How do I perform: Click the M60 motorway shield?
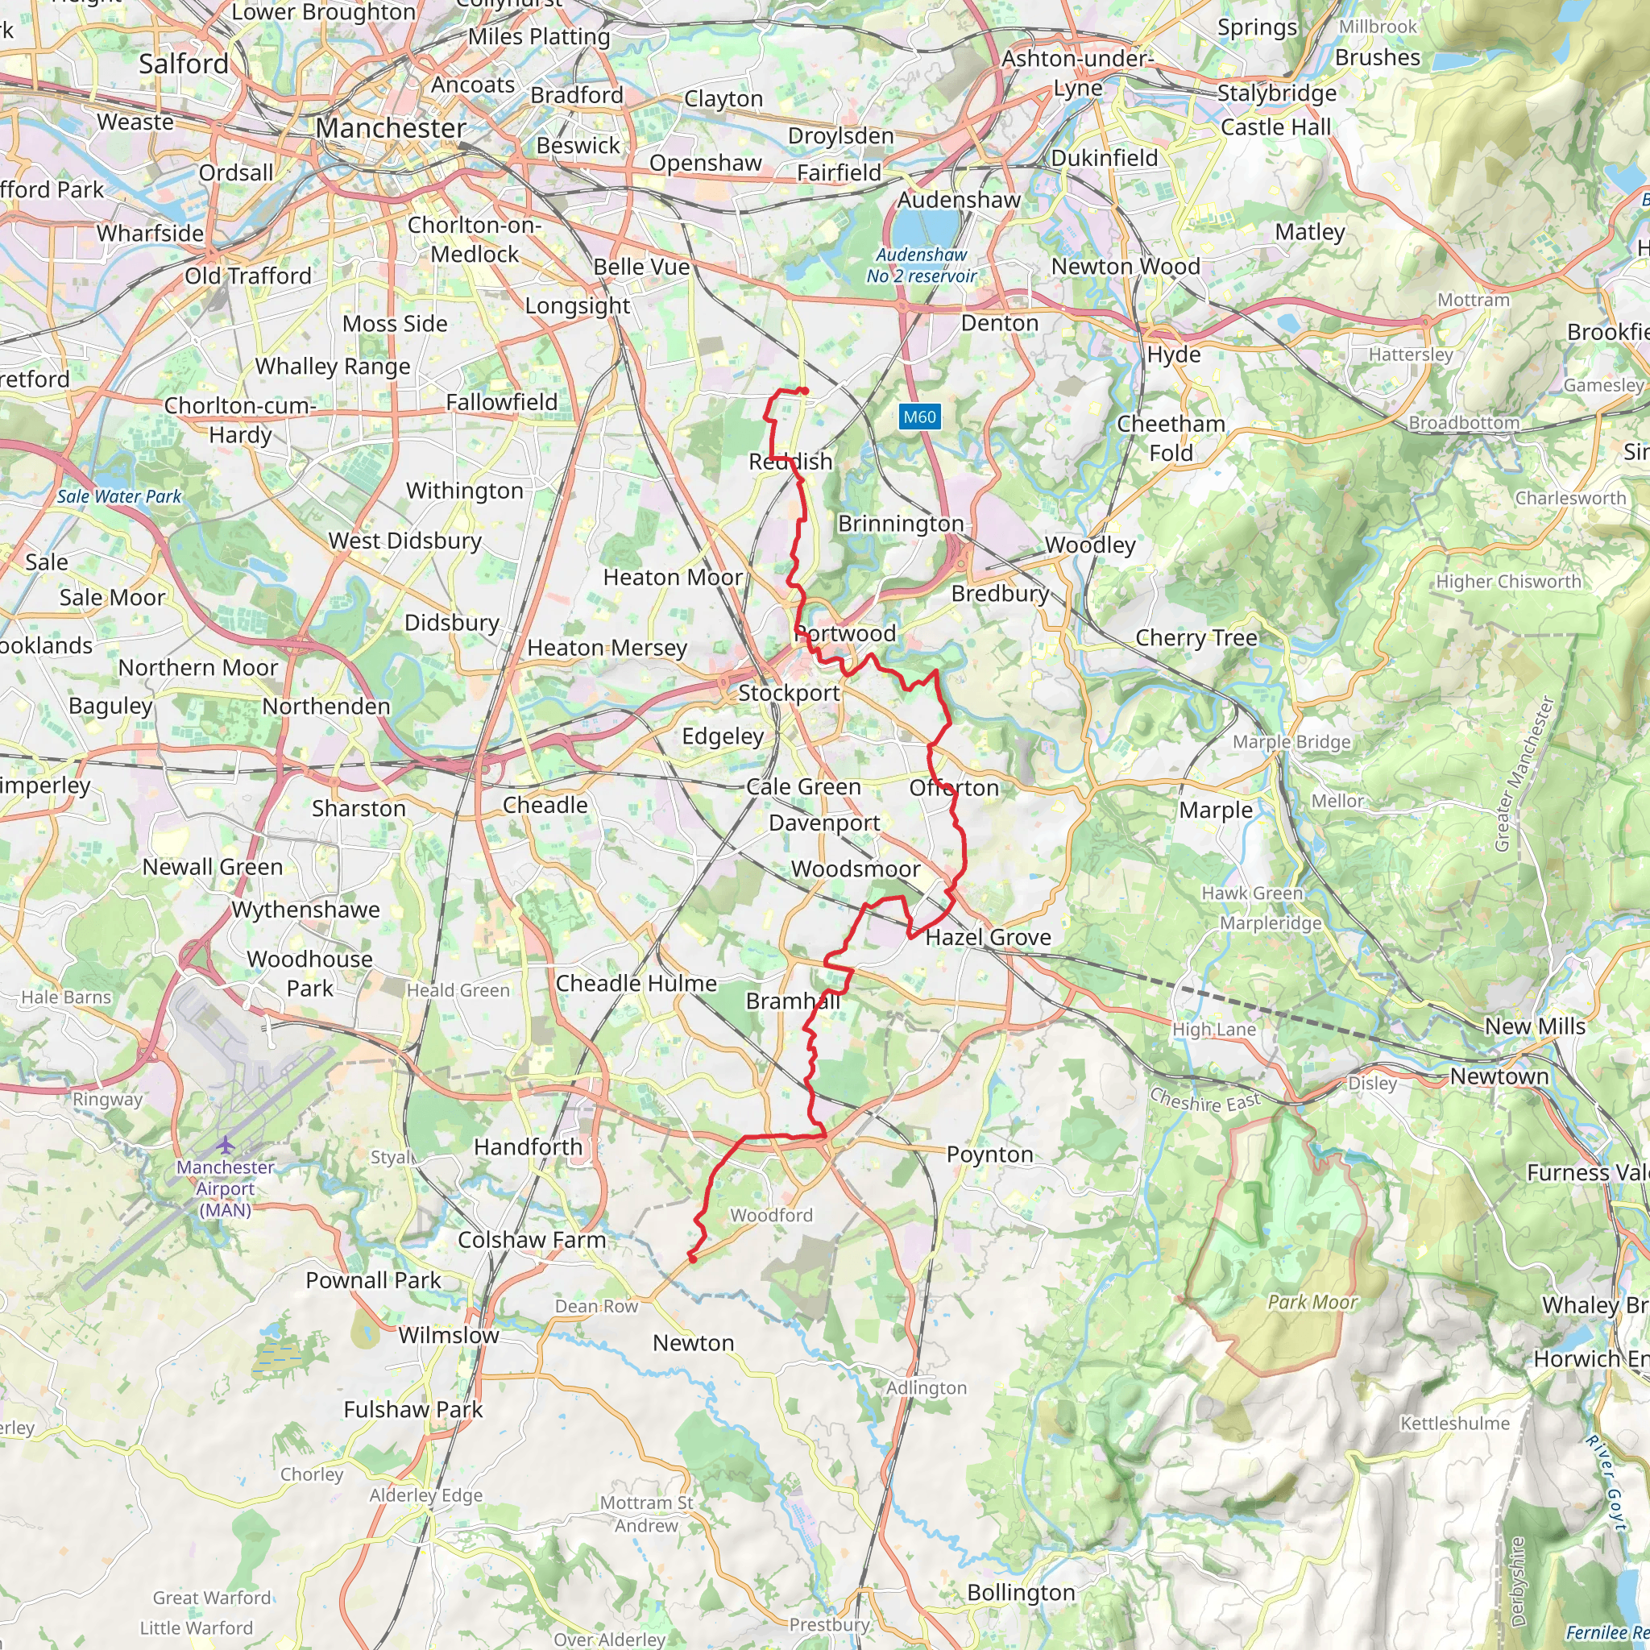click(x=919, y=417)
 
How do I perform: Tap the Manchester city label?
click(x=390, y=128)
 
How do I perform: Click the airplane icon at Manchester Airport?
click(x=225, y=1144)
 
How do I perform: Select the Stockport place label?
click(x=788, y=693)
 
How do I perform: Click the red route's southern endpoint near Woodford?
click(x=692, y=1258)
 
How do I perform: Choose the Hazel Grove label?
click(x=988, y=937)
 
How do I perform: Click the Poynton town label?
click(x=990, y=1154)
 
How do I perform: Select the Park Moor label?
click(x=1312, y=1302)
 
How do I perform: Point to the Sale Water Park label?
click(x=118, y=496)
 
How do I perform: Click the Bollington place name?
click(x=1021, y=1592)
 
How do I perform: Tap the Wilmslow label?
click(x=449, y=1335)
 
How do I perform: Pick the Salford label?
click(x=184, y=64)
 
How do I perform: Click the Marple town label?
click(x=1215, y=810)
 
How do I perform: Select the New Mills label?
click(x=1535, y=1026)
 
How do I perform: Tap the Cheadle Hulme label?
click(x=636, y=983)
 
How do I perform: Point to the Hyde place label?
click(x=1173, y=354)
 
